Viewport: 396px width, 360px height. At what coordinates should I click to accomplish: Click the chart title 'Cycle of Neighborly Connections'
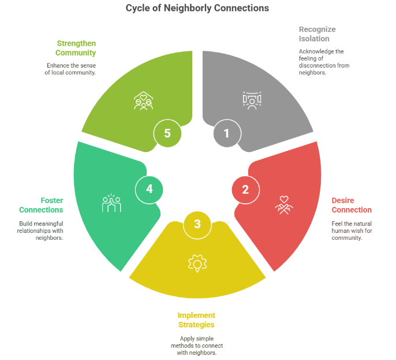pyautogui.click(x=197, y=9)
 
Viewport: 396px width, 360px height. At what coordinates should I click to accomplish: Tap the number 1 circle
pyautogui.click(x=226, y=133)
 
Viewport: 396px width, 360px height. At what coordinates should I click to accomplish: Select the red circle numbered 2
pyautogui.click(x=245, y=189)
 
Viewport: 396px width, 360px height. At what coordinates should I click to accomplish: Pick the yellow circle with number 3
pyautogui.click(x=197, y=224)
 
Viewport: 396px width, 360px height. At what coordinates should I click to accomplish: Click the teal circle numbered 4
pyautogui.click(x=148, y=189)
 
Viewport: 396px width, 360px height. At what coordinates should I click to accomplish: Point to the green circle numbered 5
pyautogui.click(x=167, y=133)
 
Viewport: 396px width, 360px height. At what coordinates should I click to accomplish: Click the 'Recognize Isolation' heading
pyautogui.click(x=317, y=34)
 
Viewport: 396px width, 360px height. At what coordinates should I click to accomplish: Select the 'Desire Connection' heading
pyautogui.click(x=351, y=205)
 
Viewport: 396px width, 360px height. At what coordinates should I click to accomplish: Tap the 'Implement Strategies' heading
pyautogui.click(x=196, y=320)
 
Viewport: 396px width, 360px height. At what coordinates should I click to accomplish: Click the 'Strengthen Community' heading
pyautogui.click(x=76, y=48)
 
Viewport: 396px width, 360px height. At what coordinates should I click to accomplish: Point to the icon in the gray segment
pyautogui.click(x=251, y=100)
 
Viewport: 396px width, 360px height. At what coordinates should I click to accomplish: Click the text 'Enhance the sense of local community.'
pyautogui.click(x=70, y=69)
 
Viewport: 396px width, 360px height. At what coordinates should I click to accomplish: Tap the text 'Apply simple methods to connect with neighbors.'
pyautogui.click(x=196, y=345)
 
